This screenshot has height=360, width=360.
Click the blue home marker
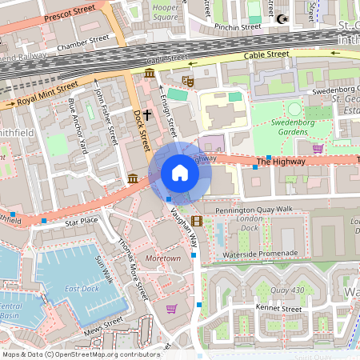pyautogui.click(x=180, y=173)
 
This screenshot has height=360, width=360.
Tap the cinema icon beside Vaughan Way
pyautogui.click(x=197, y=221)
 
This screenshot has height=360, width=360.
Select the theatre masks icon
pyautogui.click(x=188, y=81)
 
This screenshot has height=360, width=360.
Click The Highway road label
pyautogui.click(x=281, y=162)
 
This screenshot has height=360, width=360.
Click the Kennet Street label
pyautogui.click(x=278, y=308)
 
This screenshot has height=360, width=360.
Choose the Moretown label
pyautogui.click(x=162, y=259)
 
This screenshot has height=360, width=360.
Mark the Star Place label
pyautogui.click(x=81, y=220)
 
